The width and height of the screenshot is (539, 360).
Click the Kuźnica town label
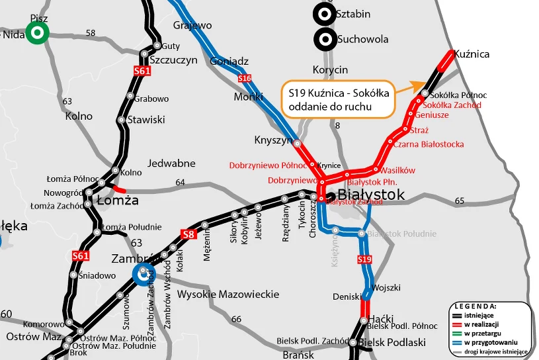tap(474, 54)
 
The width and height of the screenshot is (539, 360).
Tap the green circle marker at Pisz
tap(37, 32)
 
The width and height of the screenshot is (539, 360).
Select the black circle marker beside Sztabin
tap(324, 13)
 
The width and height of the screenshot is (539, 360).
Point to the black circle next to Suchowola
tap(324, 39)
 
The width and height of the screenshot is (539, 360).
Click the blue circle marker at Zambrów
tap(142, 273)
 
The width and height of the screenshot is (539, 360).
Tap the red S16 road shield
tap(245, 79)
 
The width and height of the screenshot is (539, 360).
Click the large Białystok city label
tap(371, 195)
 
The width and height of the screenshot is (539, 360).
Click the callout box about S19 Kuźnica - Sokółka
tap(337, 99)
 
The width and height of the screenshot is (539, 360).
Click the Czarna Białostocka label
tap(429, 144)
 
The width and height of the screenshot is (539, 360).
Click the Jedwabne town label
tap(171, 163)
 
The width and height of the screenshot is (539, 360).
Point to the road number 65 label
tap(460, 201)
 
